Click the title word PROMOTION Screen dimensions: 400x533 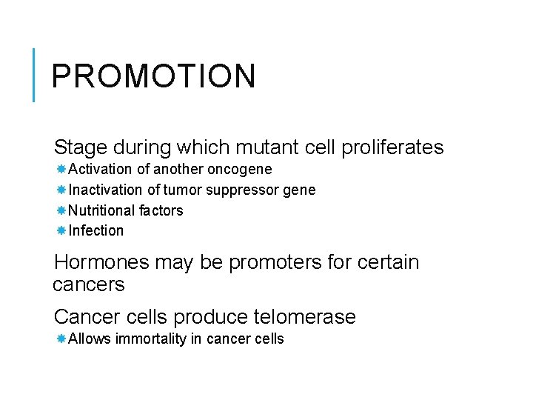point(153,76)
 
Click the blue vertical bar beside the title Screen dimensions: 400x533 point(34,74)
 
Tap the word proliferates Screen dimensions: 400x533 point(392,147)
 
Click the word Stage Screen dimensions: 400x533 point(81,147)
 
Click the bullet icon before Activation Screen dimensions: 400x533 point(61,170)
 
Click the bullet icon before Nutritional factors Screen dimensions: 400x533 point(61,210)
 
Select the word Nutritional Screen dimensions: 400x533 point(103,210)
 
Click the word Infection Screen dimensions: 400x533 point(96,230)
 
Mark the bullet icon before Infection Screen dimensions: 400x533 point(61,230)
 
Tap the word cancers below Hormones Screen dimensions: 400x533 point(89,284)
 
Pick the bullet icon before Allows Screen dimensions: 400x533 point(61,339)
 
